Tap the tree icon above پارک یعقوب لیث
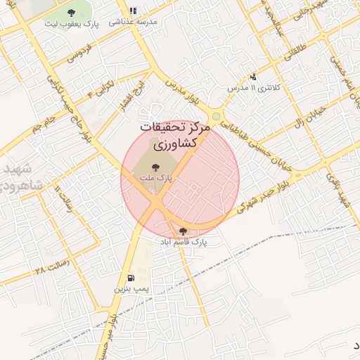point(71,13)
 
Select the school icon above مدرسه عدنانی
point(132,11)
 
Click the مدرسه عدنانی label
point(133,22)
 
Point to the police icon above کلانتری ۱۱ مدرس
point(253,77)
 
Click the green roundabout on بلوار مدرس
point(217,117)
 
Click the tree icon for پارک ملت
point(155,167)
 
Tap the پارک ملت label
point(156,179)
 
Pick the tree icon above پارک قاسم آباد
point(183,231)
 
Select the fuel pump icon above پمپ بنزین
point(131,278)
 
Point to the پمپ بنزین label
point(131,288)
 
